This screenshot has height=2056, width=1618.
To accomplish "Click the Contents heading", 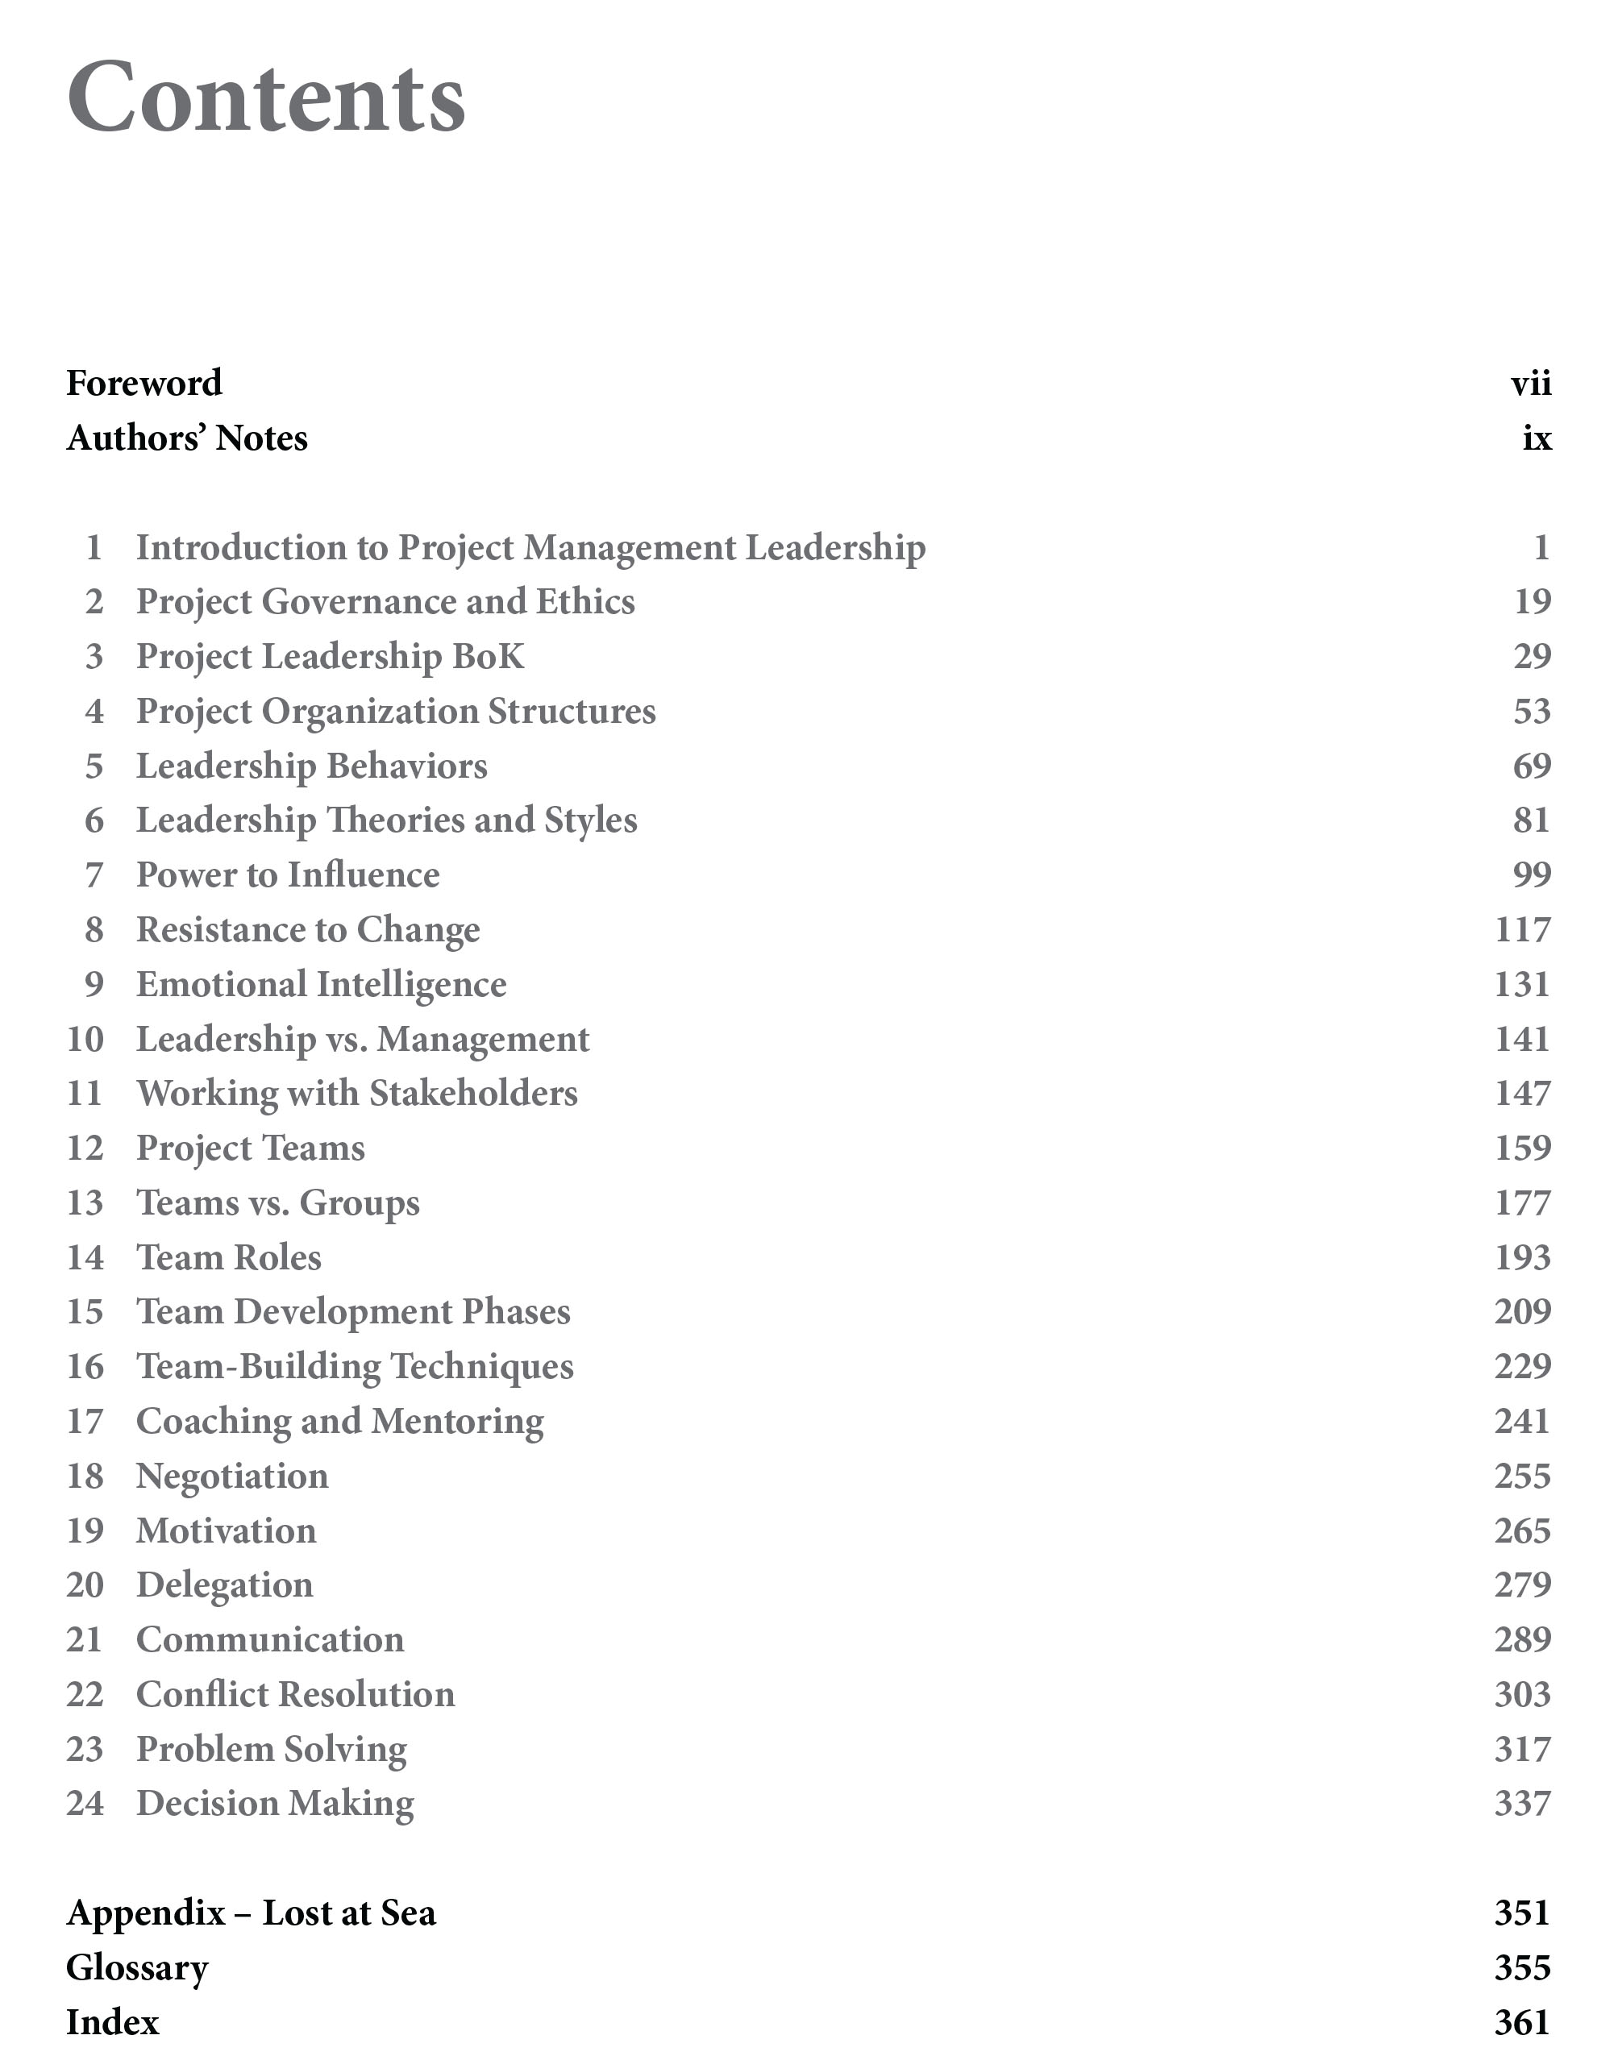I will (x=266, y=98).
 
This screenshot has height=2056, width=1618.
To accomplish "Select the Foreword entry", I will (x=144, y=384).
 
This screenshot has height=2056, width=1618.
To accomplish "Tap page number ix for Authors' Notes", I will (x=1537, y=438).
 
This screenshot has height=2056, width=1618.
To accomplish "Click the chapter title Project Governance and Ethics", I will (x=385, y=602).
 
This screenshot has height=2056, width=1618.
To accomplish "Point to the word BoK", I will (x=488, y=656).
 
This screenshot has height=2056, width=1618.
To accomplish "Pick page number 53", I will (x=1532, y=711).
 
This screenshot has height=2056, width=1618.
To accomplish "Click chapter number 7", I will (x=94, y=875).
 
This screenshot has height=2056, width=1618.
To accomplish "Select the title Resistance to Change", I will (x=308, y=930).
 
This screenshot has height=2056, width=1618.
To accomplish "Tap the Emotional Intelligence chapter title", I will (x=321, y=985).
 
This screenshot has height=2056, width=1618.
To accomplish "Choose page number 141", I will (x=1522, y=1040).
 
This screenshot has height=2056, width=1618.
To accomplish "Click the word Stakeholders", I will (x=474, y=1094).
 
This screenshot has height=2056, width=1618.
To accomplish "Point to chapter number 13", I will (x=85, y=1203).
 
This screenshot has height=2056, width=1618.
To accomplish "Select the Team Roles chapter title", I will (x=229, y=1257).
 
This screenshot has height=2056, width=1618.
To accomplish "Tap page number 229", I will (x=1522, y=1367).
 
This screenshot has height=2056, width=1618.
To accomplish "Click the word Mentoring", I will (x=458, y=1422).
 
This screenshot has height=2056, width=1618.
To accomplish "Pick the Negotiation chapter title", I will (x=232, y=1477).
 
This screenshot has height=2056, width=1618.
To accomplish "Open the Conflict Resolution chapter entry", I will (x=296, y=1695).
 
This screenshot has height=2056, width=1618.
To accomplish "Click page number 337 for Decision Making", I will (x=1522, y=1804).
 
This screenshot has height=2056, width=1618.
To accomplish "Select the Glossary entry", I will (x=137, y=1968).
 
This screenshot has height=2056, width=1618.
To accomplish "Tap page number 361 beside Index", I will (x=1522, y=2023).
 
